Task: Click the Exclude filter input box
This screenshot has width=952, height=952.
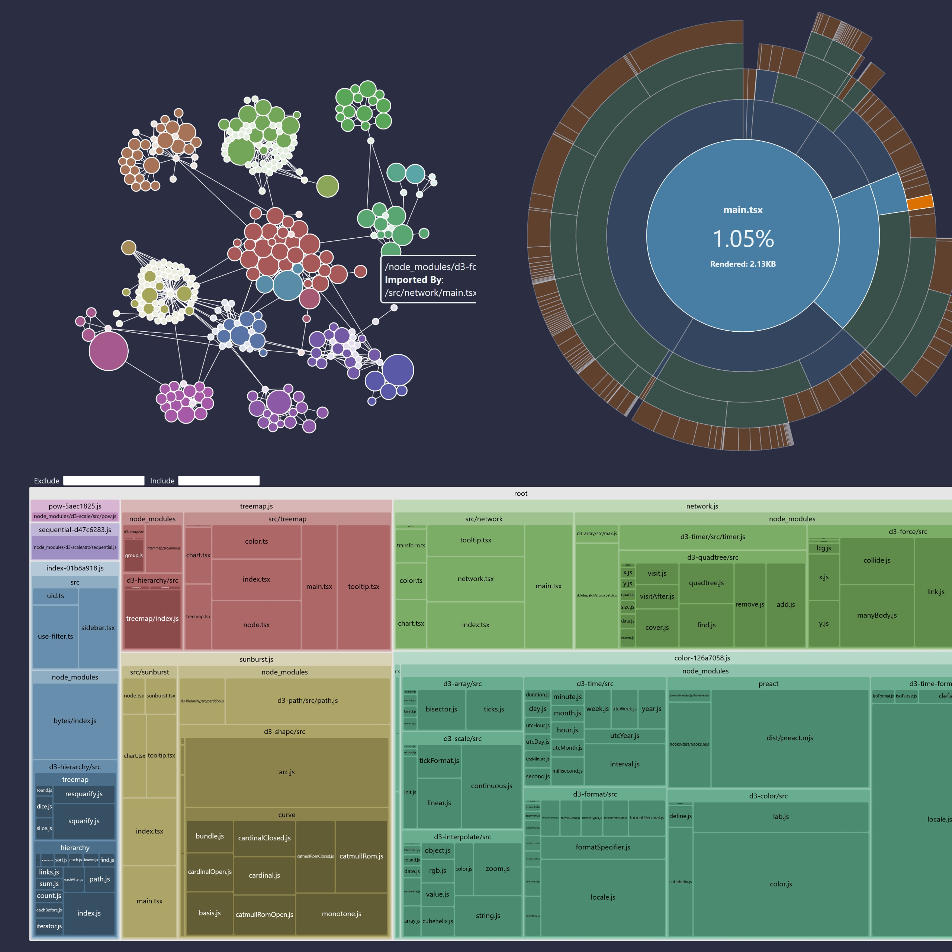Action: point(103,480)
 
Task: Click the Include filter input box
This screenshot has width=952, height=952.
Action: point(218,480)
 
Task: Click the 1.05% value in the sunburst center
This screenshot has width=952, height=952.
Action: point(743,239)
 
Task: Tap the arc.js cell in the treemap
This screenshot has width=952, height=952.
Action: point(286,772)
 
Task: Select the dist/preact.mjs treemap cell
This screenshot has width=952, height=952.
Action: point(789,738)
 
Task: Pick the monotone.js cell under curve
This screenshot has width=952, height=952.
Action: point(341,914)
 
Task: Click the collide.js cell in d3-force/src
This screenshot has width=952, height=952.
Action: point(877,561)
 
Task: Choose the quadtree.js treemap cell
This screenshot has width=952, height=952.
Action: point(706,583)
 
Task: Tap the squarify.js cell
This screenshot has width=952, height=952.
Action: point(84,821)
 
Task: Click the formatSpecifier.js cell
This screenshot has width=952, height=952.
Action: point(603,848)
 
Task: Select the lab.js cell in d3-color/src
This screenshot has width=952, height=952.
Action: point(781,817)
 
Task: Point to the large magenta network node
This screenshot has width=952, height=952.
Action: point(109,351)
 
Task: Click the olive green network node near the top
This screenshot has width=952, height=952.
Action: point(328,186)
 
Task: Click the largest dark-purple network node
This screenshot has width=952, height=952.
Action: point(398,370)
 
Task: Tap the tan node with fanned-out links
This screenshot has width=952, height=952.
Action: point(129,247)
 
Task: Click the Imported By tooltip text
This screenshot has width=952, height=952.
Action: point(414,279)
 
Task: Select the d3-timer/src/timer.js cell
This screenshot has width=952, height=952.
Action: point(713,537)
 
